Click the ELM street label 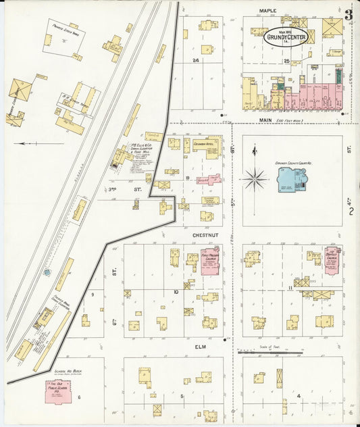(201, 347)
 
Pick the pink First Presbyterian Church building (209, 261)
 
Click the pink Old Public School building (58, 392)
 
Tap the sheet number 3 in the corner (348, 14)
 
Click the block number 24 (197, 61)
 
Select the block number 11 (290, 288)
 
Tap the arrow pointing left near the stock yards (32, 143)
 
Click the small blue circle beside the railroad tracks (47, 272)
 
